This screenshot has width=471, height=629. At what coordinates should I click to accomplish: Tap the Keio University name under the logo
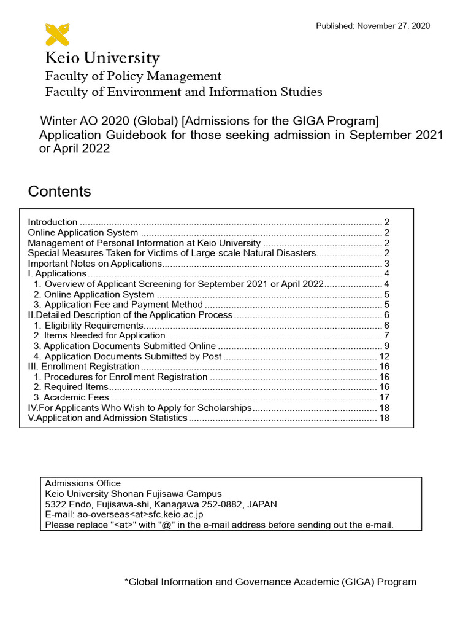coord(102,59)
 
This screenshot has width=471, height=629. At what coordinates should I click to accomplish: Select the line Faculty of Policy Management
coord(133,76)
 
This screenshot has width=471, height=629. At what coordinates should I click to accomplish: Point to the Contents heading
coord(59,191)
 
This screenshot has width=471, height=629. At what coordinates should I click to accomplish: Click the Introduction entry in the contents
coord(53,222)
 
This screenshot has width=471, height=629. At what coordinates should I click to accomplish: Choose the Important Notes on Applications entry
coord(94,264)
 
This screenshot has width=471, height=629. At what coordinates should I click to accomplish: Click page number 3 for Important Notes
coord(387,264)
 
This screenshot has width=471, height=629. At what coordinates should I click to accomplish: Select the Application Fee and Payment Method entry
coord(118,305)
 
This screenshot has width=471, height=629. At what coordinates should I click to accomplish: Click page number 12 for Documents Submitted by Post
coord(385,356)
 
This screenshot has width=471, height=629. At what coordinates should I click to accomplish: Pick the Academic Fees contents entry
coord(72,397)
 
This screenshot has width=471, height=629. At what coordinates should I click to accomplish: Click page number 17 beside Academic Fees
coord(385,397)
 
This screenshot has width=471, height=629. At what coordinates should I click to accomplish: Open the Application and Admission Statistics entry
coord(108,418)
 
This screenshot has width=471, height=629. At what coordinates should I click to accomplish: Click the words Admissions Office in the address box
coord(83,483)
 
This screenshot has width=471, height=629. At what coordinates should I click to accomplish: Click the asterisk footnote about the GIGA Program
coord(270,582)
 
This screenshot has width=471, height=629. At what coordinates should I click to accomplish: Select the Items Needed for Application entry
coord(99,335)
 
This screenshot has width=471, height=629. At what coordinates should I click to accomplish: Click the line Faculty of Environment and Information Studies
coord(183,92)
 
